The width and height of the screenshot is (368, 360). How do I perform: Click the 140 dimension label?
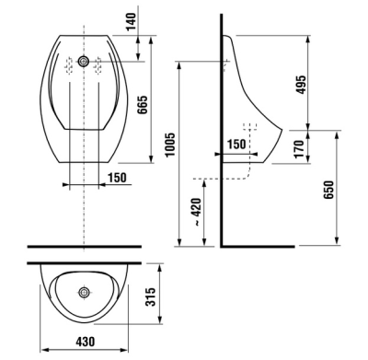132,21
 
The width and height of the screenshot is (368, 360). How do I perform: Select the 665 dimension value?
143,105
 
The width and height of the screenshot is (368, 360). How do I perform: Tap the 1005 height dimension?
169,145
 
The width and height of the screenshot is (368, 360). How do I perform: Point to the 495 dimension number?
301,85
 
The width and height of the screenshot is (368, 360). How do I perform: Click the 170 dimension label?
299,149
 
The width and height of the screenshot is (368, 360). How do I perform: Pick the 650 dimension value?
328,190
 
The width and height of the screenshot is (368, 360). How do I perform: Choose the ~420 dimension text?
196,213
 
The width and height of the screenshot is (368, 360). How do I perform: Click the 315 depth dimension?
151,296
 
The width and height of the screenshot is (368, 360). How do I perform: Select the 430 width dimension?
86,342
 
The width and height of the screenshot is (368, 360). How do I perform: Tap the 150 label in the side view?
236,144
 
